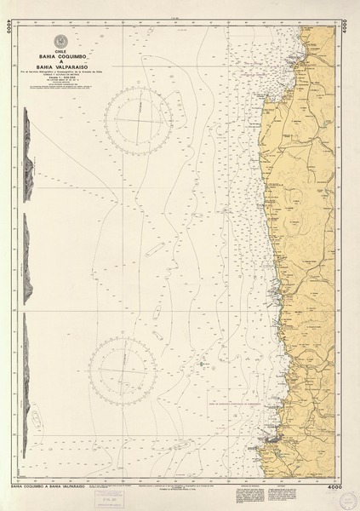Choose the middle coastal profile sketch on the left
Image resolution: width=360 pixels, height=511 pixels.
coord(30,255)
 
